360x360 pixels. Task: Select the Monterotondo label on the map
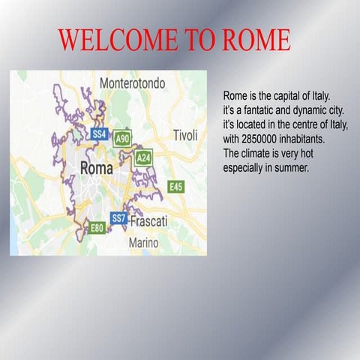pyautogui.click(x=132, y=83)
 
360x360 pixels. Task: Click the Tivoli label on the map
pyautogui.click(x=185, y=136)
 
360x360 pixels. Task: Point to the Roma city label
pyautogui.click(x=96, y=166)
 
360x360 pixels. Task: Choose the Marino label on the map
pyautogui.click(x=143, y=243)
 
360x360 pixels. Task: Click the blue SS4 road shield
pyautogui.click(x=99, y=133)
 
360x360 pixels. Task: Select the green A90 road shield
pyautogui.click(x=123, y=139)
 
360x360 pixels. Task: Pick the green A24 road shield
pyautogui.click(x=144, y=157)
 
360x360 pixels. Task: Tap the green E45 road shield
pyautogui.click(x=175, y=186)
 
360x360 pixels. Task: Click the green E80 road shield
pyautogui.click(x=97, y=228)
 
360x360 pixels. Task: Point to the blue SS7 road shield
pyautogui.click(x=118, y=217)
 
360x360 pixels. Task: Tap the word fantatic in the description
pyautogui.click(x=263, y=111)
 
